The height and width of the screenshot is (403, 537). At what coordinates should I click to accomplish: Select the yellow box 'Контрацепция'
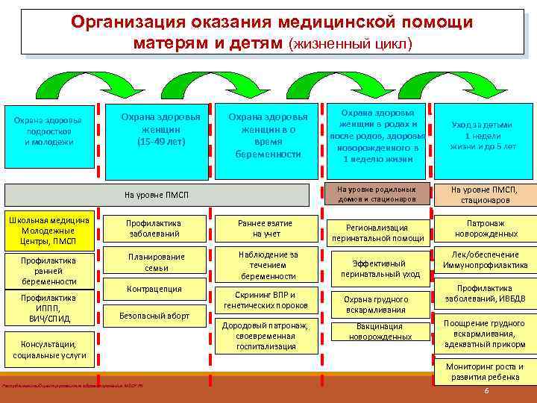pyautogui.click(x=154, y=289)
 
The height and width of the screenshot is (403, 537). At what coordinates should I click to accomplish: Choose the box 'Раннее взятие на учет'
pyautogui.click(x=265, y=228)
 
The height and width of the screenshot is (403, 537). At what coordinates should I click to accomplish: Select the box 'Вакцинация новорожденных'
pyautogui.click(x=380, y=331)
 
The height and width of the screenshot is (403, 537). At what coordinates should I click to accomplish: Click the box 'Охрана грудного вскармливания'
pyautogui.click(x=380, y=304)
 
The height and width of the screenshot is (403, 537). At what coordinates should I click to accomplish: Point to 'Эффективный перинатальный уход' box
pyautogui.click(x=380, y=269)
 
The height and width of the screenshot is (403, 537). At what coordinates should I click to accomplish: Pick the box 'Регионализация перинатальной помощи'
pyautogui.click(x=380, y=233)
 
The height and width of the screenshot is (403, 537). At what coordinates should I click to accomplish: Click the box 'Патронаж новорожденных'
pyautogui.click(x=486, y=228)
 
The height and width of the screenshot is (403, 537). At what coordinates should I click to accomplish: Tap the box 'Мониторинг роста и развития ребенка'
pyautogui.click(x=486, y=371)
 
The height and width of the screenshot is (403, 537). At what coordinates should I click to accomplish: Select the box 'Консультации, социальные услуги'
pyautogui.click(x=48, y=349)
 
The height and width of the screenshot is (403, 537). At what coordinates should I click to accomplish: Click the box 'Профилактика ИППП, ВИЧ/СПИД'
pyautogui.click(x=48, y=308)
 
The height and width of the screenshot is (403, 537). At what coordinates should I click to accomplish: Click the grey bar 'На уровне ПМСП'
pyautogui.click(x=157, y=195)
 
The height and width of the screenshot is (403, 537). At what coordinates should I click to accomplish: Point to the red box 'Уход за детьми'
pyautogui.click(x=483, y=136)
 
